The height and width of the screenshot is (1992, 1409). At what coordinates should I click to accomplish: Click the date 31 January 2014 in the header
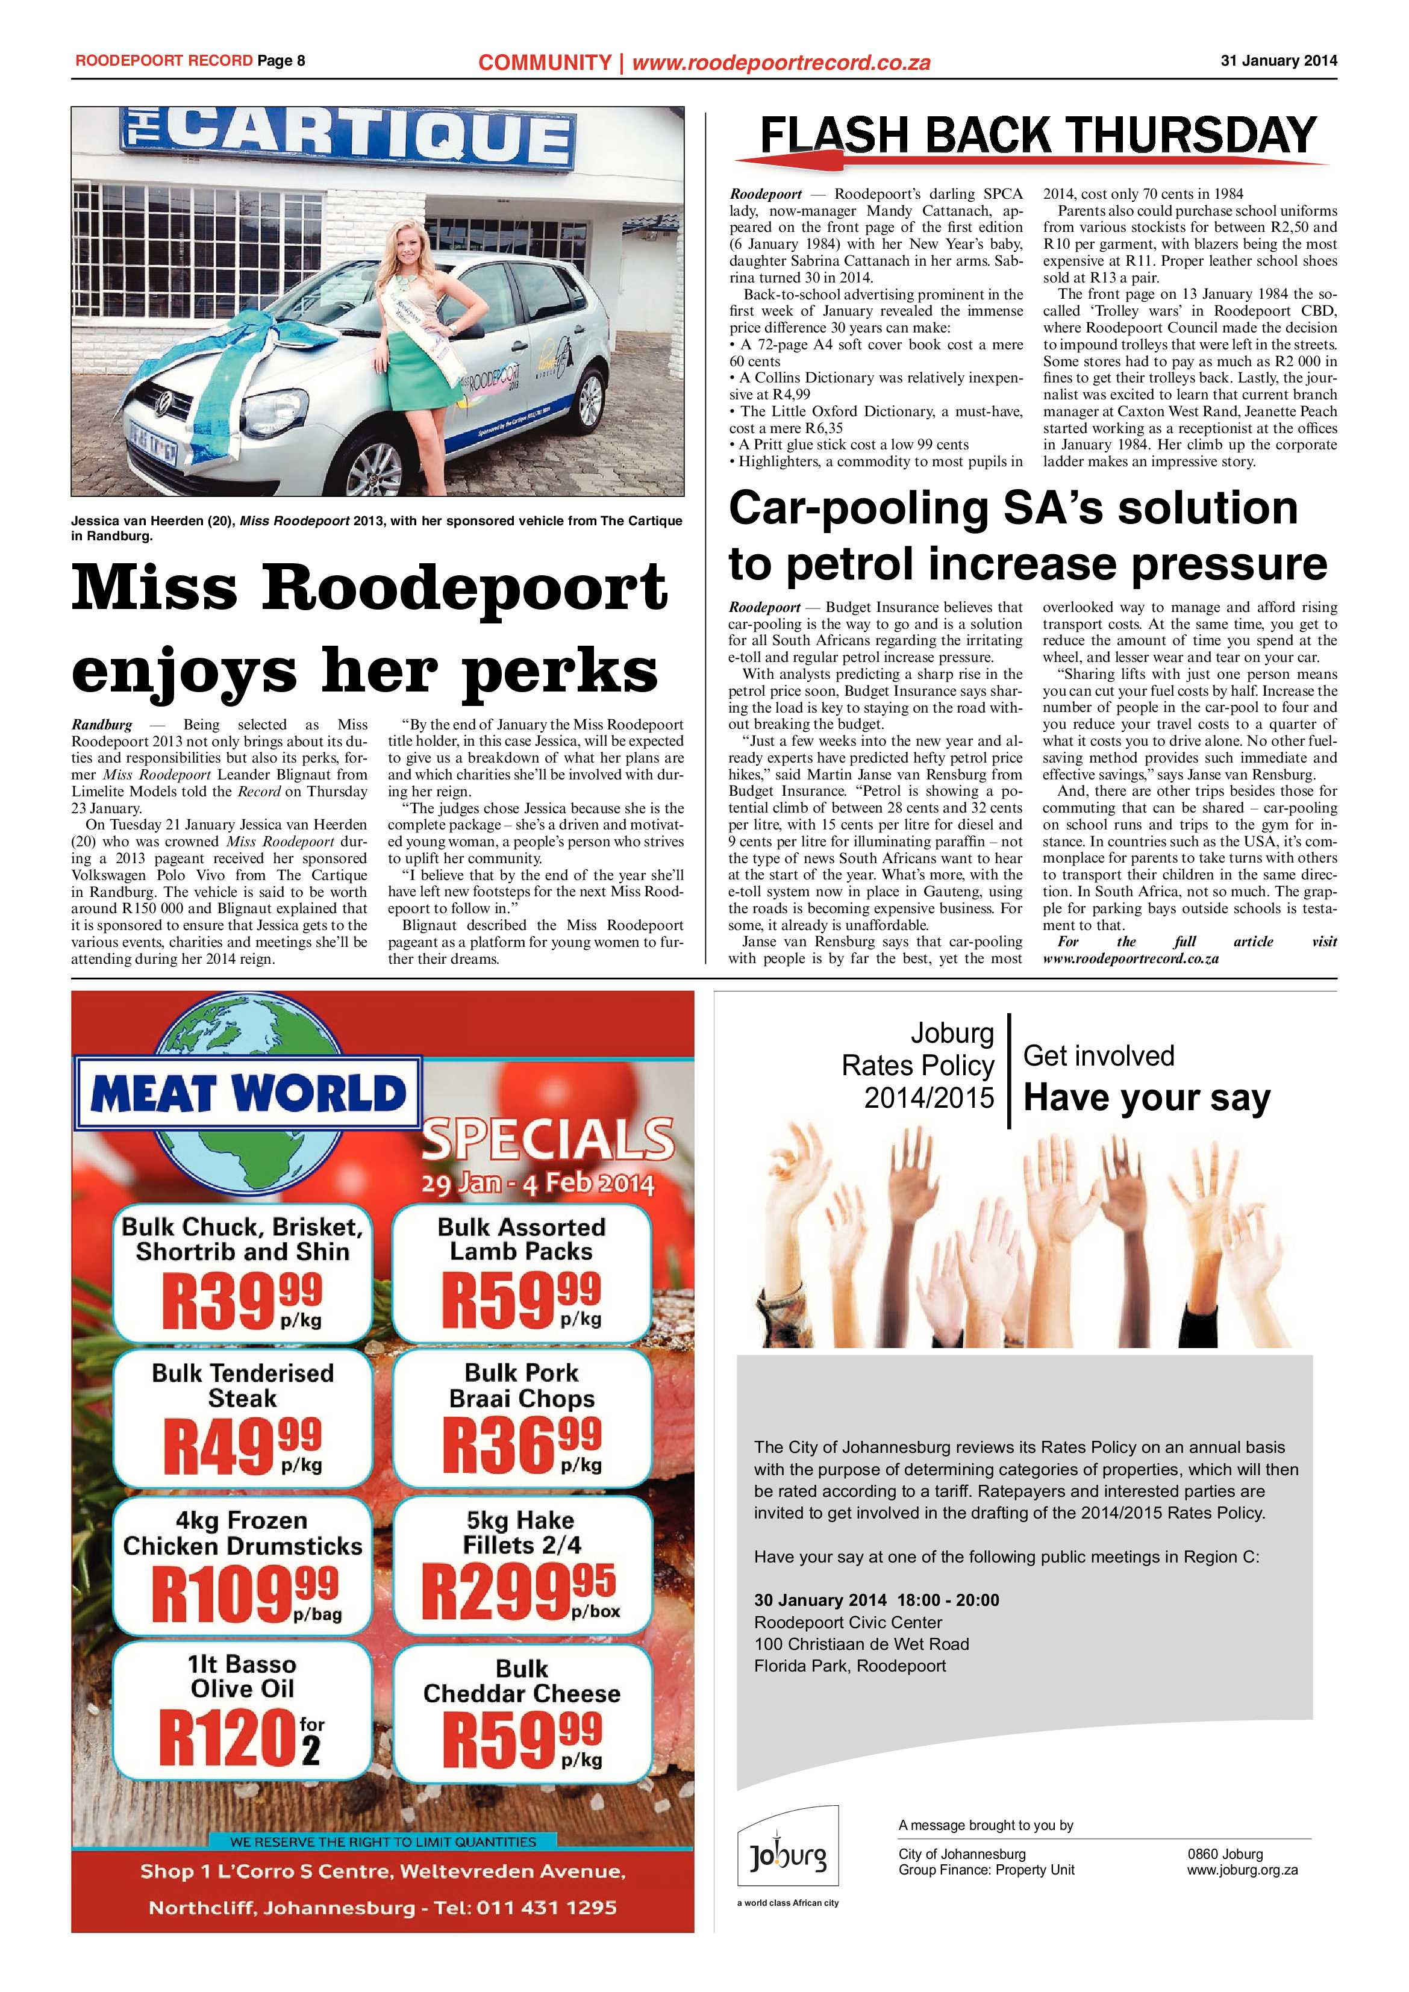[1278, 61]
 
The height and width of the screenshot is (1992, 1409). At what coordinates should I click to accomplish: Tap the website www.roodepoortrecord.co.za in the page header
[781, 63]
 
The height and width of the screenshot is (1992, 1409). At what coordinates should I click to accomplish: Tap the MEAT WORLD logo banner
[247, 1094]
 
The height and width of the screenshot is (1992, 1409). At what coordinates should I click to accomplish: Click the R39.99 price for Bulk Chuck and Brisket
[241, 1299]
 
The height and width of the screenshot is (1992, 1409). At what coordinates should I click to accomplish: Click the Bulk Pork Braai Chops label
[522, 1385]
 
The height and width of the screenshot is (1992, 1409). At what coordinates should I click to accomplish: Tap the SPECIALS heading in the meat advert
[548, 1139]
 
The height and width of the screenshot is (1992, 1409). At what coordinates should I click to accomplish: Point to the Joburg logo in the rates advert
[788, 1856]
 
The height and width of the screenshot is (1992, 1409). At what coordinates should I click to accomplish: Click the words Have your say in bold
[1146, 1097]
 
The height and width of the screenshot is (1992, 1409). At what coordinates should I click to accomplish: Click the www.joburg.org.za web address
[1242, 1870]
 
